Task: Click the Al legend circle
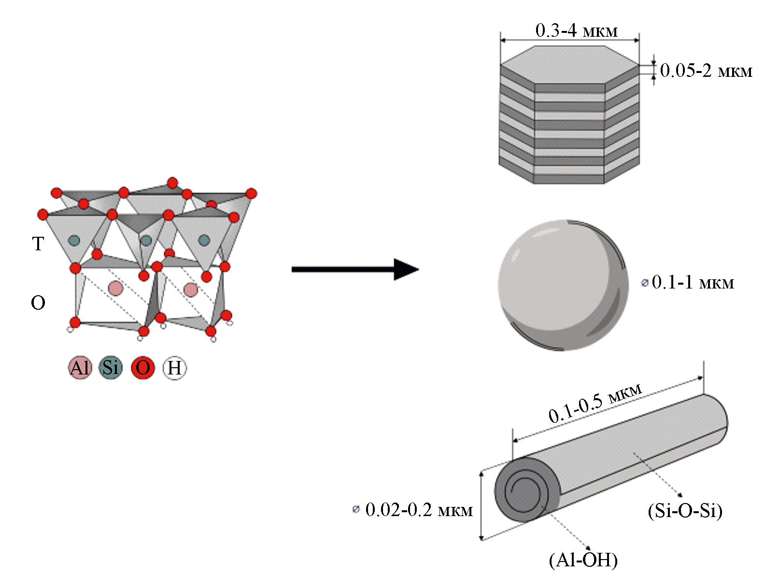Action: pyautogui.click(x=80, y=368)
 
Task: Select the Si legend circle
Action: pyautogui.click(x=111, y=368)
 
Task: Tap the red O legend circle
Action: pyautogui.click(x=143, y=368)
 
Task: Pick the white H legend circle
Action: pyautogui.click(x=174, y=368)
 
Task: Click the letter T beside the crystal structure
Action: pyautogui.click(x=38, y=244)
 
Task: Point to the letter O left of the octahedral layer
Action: pyautogui.click(x=38, y=303)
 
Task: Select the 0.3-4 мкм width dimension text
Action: pyautogui.click(x=576, y=31)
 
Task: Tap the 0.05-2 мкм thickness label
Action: pyautogui.click(x=706, y=71)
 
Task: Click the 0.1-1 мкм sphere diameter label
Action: pyautogui.click(x=693, y=282)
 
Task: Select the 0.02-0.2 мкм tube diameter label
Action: pyautogui.click(x=419, y=510)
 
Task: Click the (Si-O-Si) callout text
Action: pyautogui.click(x=685, y=510)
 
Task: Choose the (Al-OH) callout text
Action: pyautogui.click(x=583, y=560)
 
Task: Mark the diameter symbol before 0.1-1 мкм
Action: pyautogui.click(x=644, y=283)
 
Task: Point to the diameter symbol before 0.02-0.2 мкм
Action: pyautogui.click(x=356, y=509)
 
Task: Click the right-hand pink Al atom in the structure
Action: pyautogui.click(x=191, y=290)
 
